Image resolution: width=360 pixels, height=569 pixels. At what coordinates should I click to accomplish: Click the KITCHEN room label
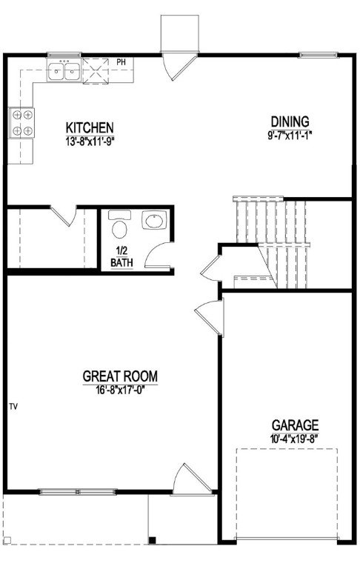click(x=89, y=126)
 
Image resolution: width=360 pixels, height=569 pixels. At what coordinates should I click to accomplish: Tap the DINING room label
click(x=289, y=122)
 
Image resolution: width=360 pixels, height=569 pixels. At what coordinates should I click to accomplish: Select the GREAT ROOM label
click(x=119, y=376)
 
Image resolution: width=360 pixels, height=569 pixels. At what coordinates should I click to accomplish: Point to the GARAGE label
click(x=295, y=425)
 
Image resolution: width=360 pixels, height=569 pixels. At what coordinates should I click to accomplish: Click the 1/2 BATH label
click(x=121, y=256)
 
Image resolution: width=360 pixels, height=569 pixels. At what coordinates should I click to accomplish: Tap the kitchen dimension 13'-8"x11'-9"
click(x=89, y=138)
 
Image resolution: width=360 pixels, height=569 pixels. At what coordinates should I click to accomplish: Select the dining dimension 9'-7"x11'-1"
click(x=289, y=133)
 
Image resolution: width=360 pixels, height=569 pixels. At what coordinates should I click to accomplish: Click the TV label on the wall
click(x=13, y=407)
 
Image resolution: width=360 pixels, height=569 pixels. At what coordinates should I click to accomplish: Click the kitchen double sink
click(x=64, y=71)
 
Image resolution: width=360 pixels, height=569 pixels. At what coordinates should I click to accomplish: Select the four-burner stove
click(x=21, y=123)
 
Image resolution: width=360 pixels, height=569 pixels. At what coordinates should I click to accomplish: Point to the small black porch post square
click(x=152, y=539)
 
